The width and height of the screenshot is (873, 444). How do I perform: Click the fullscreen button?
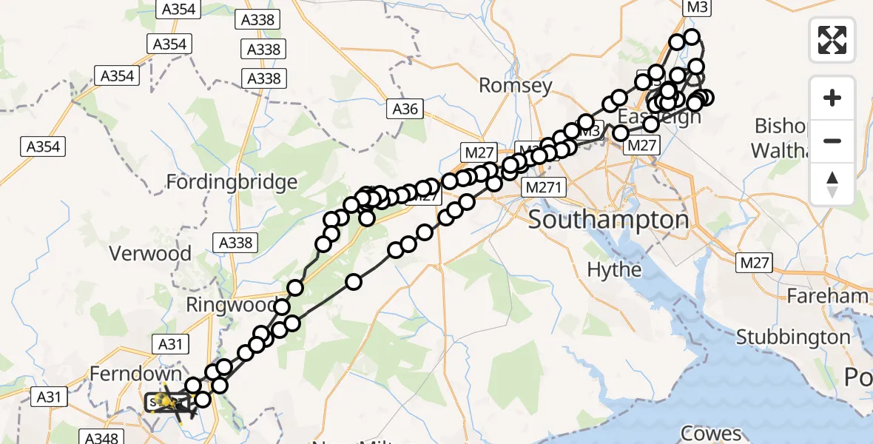point(832,40)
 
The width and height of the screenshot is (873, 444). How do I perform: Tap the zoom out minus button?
point(832,141)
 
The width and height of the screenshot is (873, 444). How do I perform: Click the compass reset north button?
point(832,184)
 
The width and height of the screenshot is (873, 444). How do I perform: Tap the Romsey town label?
point(516,86)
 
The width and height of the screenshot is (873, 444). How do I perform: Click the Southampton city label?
point(608,220)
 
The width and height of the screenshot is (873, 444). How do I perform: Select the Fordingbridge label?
point(232,182)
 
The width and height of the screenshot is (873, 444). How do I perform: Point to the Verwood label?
point(150,254)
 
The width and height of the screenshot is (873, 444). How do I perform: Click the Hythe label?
point(614,270)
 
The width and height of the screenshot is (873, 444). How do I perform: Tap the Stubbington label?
point(793,337)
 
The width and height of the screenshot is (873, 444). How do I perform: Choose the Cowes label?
point(712,433)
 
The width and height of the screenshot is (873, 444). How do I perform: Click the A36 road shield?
point(405,110)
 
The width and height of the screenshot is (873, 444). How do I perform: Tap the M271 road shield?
point(545,188)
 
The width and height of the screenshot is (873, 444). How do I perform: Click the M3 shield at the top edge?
point(697,8)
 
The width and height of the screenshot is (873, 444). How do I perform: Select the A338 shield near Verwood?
point(236,242)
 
